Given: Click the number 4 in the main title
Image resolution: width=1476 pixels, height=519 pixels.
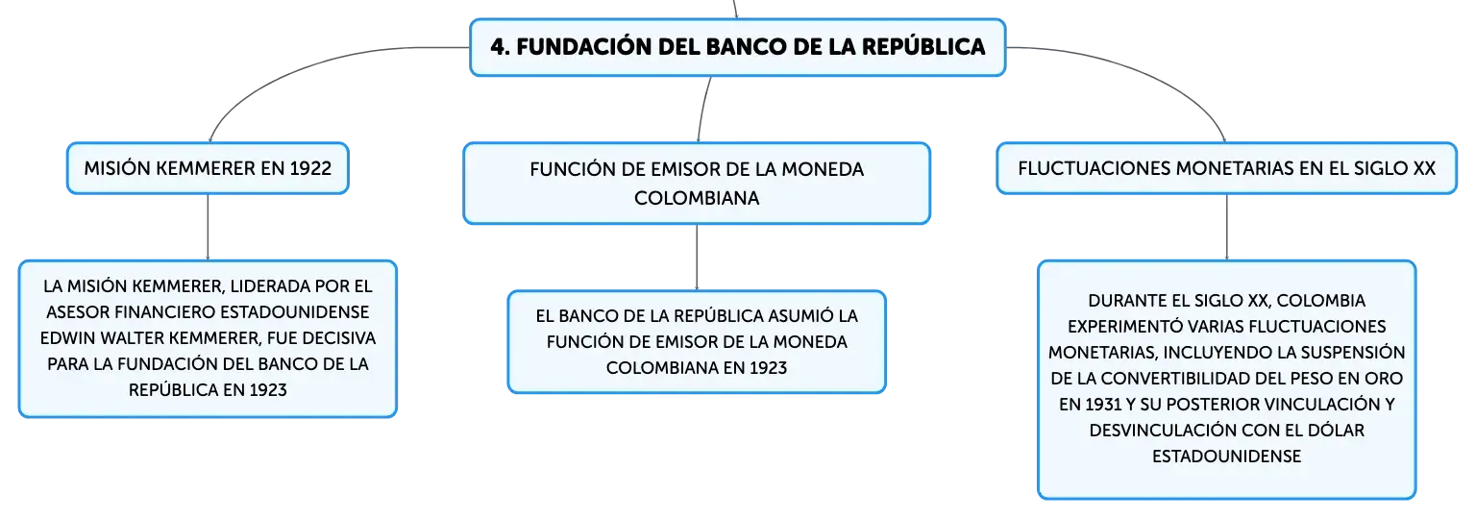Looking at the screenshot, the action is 498,47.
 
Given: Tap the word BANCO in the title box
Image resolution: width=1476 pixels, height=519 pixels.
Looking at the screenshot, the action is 746,47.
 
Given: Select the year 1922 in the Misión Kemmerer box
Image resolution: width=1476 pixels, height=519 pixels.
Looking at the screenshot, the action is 310,168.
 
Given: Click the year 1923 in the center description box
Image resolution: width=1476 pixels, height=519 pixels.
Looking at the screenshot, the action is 768,367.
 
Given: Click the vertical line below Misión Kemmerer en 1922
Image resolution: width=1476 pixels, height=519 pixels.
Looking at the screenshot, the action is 208,227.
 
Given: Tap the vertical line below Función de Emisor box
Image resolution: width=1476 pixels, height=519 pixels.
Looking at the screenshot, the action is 697,258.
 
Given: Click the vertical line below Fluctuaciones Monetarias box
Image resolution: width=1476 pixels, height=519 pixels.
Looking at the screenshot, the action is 1226,227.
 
